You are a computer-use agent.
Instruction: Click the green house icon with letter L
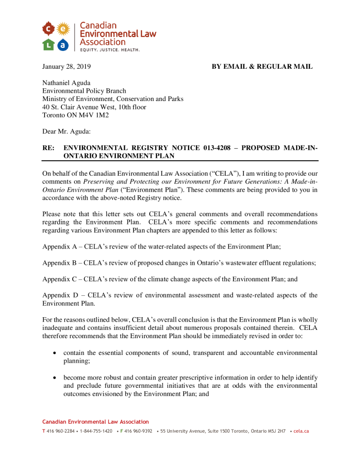49,44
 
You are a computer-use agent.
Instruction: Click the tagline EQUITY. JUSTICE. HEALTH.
110,50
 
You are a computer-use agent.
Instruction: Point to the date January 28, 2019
66,67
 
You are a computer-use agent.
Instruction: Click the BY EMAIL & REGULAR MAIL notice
262,67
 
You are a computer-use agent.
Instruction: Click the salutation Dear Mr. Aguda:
66,132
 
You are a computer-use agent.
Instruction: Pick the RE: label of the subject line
48,148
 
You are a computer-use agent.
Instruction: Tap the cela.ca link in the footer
301,431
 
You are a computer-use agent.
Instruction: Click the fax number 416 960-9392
138,431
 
